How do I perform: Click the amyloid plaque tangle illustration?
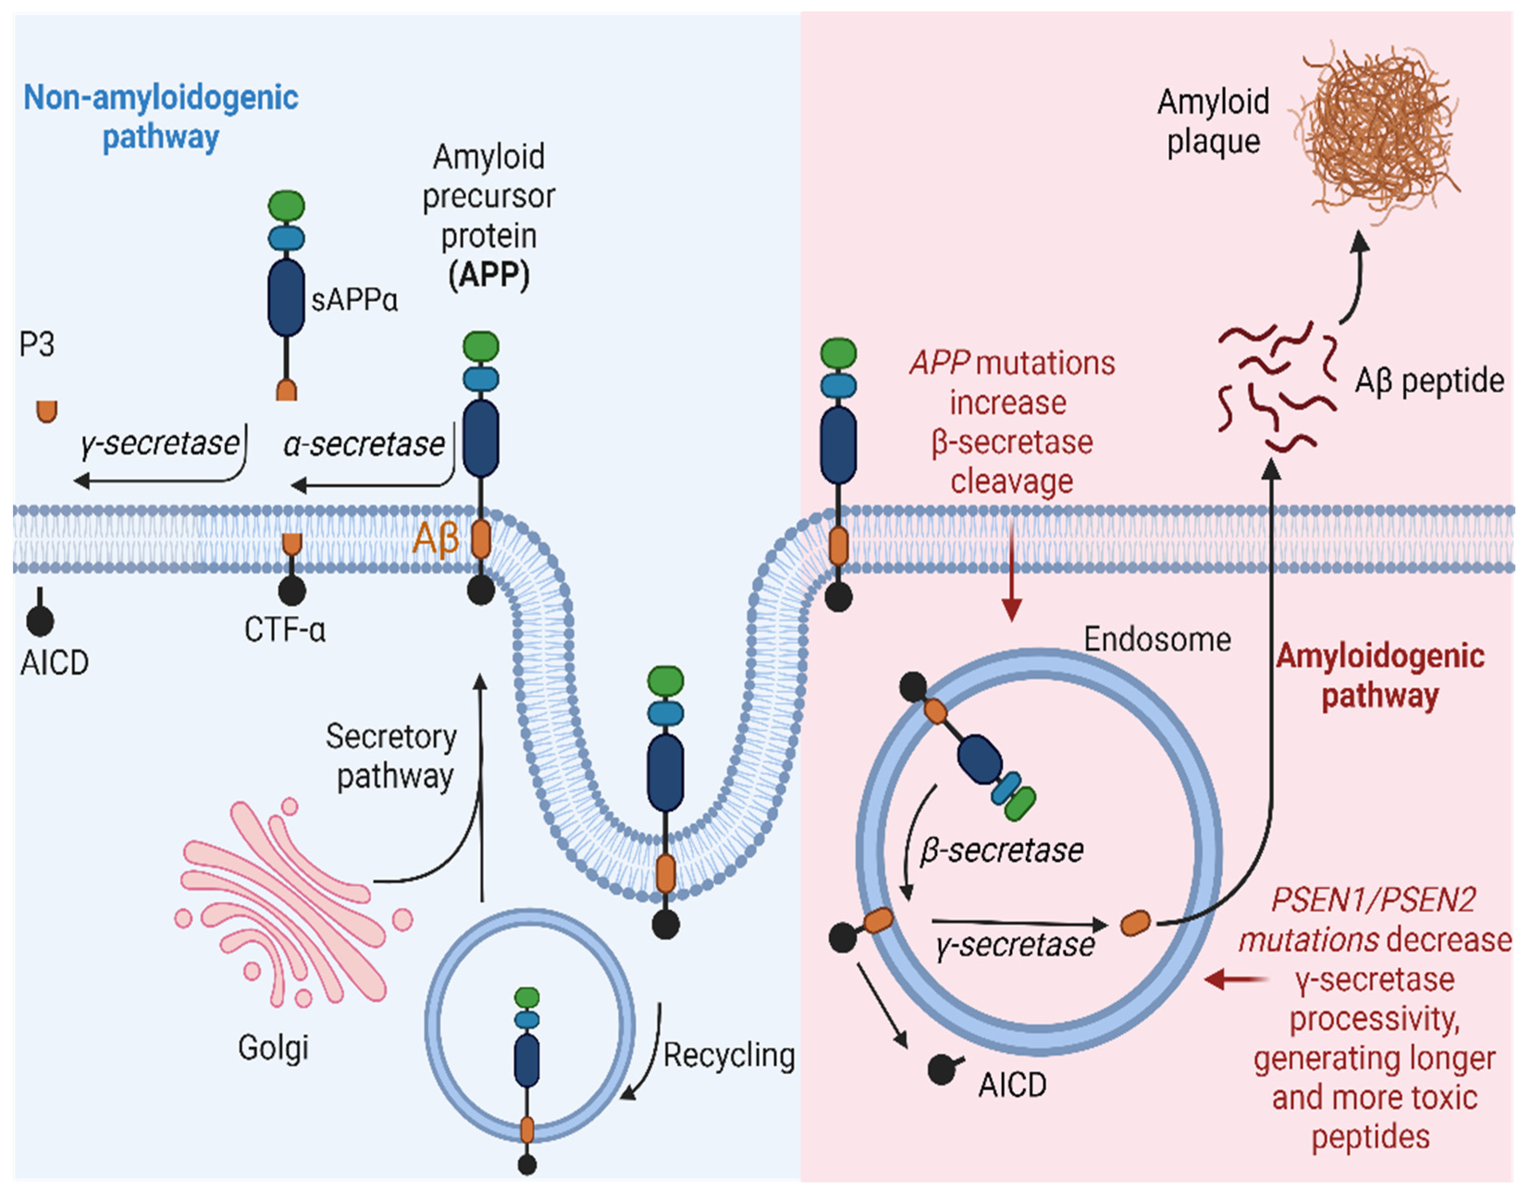(x=1376, y=133)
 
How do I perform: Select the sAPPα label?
(x=354, y=300)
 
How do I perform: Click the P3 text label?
(x=37, y=344)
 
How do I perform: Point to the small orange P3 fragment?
(x=47, y=411)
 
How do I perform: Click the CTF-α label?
(x=285, y=630)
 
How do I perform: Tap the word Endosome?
(x=1157, y=639)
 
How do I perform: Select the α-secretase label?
(x=364, y=444)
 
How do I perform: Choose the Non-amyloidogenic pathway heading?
(x=161, y=116)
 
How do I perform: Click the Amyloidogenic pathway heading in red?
(x=1380, y=676)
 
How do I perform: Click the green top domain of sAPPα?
(x=287, y=207)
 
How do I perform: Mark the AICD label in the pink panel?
(x=1012, y=1085)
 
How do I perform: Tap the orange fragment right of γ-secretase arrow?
(x=1136, y=924)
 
